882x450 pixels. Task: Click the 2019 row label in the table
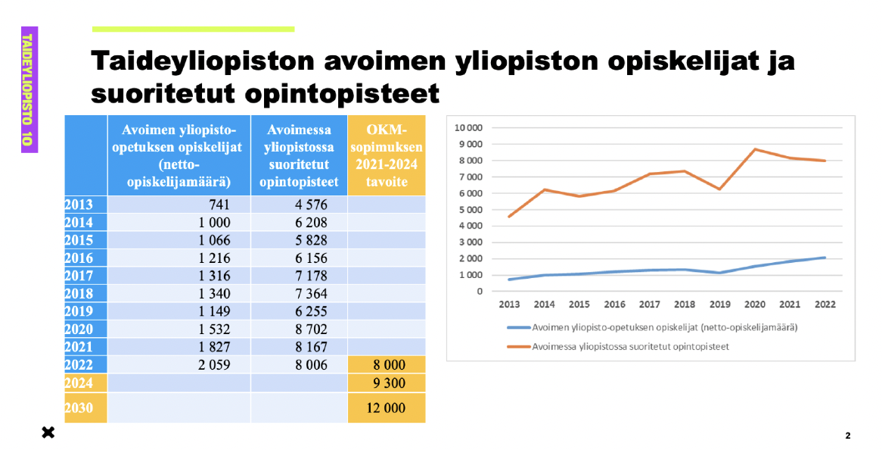[x=79, y=311]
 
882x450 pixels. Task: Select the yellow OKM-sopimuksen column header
[x=387, y=155]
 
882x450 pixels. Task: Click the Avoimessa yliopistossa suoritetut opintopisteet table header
[x=299, y=155]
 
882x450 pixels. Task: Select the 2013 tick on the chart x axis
[x=509, y=305]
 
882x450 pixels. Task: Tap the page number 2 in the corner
[x=848, y=436]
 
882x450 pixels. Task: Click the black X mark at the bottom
[x=48, y=433]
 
